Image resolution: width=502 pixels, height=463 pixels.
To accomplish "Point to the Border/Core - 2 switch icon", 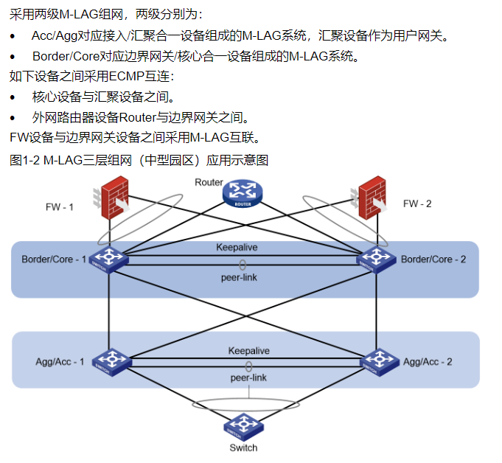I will coord(373,259).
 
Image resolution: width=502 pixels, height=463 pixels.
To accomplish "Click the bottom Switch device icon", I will coord(243,425).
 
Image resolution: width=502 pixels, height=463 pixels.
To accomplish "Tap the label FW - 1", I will coord(60,207).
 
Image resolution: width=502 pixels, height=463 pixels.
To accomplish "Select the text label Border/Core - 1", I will coord(54,260).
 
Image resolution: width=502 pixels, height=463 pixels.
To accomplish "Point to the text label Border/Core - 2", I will coord(433,260).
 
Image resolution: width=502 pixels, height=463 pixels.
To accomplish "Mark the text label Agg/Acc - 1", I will coord(60,362).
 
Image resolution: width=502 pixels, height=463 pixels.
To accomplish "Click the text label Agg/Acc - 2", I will coord(428,362).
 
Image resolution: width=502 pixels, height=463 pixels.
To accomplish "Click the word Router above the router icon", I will coord(209,182).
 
